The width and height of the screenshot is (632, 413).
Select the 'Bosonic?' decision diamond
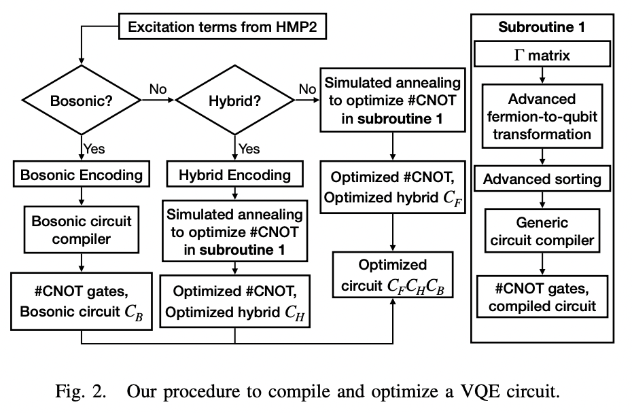82,103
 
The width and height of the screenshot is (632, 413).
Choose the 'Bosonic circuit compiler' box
82,230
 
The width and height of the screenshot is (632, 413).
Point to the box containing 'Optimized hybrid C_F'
393,189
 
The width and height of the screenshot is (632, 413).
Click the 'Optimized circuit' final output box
393,275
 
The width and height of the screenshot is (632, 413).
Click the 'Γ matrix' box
541,55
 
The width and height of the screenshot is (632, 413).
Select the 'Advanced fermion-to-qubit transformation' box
541,117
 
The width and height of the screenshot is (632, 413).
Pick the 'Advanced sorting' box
541,179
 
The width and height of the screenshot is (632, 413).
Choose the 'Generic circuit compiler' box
541,231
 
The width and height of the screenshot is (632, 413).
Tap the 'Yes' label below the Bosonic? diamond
93,147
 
